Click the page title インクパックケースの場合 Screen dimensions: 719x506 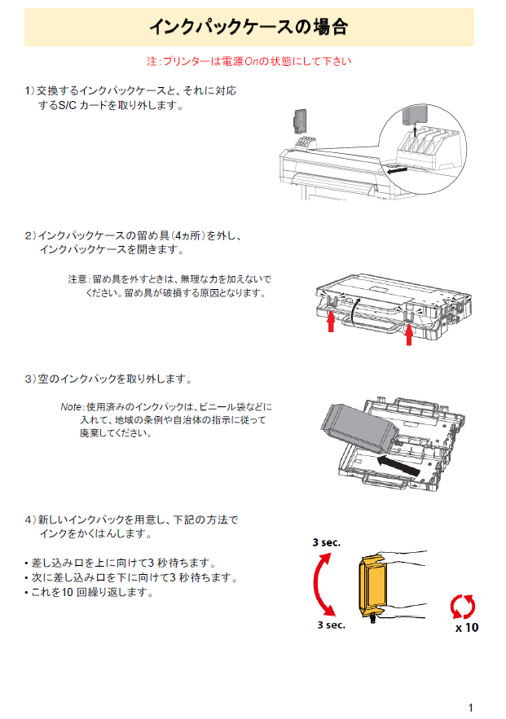click(x=249, y=28)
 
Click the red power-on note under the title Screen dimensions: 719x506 click(x=249, y=61)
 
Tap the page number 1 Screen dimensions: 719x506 click(x=470, y=708)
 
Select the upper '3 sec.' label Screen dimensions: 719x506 click(x=326, y=542)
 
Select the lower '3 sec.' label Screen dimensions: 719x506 click(x=332, y=625)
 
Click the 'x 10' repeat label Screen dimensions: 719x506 click(x=467, y=628)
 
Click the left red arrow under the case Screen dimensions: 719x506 click(x=331, y=324)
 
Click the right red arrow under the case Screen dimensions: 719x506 click(x=410, y=334)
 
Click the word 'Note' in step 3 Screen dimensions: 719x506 click(x=71, y=406)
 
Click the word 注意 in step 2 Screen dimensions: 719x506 click(x=77, y=279)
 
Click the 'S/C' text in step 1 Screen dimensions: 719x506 click(x=66, y=106)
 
